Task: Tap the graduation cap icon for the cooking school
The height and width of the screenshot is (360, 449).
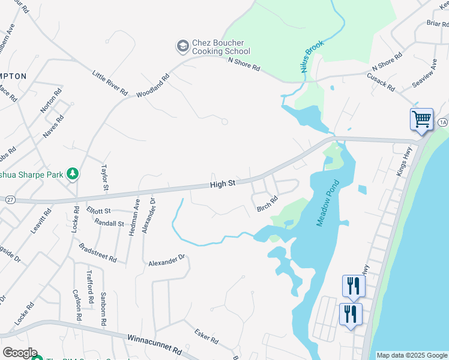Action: [182, 46]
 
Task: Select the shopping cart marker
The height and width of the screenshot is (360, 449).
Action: [421, 119]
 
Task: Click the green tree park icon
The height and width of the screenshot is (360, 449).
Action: [73, 174]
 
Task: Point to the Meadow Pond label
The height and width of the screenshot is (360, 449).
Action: [328, 204]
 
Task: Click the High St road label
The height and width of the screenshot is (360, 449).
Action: [222, 184]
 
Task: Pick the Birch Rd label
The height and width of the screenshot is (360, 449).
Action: [267, 204]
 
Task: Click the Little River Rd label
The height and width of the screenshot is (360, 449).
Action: [110, 83]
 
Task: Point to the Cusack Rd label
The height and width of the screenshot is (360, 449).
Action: [382, 82]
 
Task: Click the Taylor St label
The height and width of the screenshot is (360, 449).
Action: [105, 178]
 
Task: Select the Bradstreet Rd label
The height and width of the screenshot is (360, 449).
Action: [97, 253]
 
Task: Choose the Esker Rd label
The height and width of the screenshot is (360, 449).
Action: [206, 335]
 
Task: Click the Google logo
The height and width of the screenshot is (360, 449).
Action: [19, 353]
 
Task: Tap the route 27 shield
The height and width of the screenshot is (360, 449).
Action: [10, 199]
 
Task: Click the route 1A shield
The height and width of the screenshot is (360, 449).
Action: [442, 122]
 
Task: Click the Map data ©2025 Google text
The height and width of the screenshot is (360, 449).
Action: [412, 355]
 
